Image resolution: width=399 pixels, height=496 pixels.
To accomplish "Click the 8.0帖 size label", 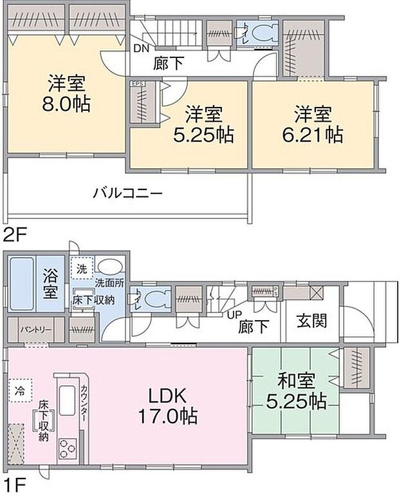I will [x=68, y=103].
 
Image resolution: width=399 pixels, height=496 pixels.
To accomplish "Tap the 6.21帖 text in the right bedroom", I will [x=313, y=135].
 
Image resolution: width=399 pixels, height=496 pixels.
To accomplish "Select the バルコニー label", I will [x=127, y=192].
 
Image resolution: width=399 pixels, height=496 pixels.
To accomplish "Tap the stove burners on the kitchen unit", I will [x=67, y=446].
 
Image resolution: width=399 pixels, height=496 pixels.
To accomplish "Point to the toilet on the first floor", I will [x=153, y=299].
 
